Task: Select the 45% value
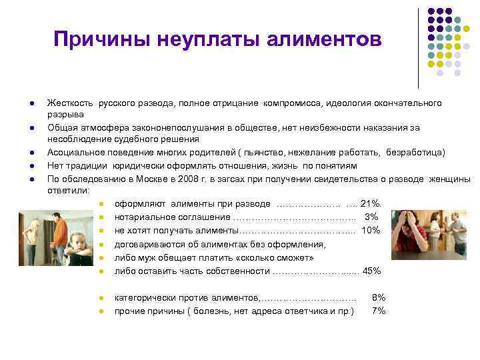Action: coord(371,271)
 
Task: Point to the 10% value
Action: coord(370,231)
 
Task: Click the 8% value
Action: coord(378,297)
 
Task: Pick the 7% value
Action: coord(378,311)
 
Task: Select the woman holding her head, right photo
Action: coord(413,230)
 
